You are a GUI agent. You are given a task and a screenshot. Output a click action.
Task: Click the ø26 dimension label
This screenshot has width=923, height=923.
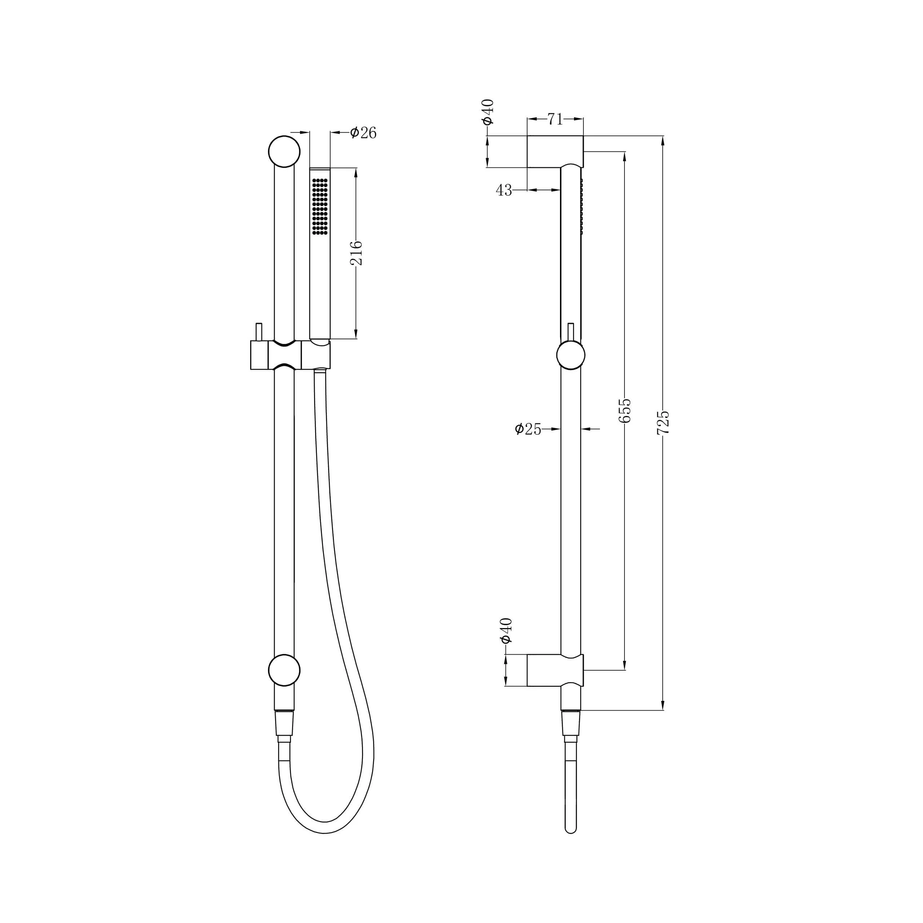pos(363,133)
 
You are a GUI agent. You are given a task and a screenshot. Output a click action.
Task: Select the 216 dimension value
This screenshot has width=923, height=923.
pos(356,253)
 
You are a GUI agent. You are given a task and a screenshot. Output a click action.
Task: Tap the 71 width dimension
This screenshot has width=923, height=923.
pos(555,119)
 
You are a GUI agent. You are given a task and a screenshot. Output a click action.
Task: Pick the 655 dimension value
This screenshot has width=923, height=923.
pos(625,411)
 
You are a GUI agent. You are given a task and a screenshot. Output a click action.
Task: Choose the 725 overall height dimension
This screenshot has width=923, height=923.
pos(663,422)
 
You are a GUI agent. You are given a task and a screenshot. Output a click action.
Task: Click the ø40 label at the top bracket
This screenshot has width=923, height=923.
pos(488,112)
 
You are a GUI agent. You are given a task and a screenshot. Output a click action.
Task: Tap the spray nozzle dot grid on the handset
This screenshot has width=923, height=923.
pos(320,206)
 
